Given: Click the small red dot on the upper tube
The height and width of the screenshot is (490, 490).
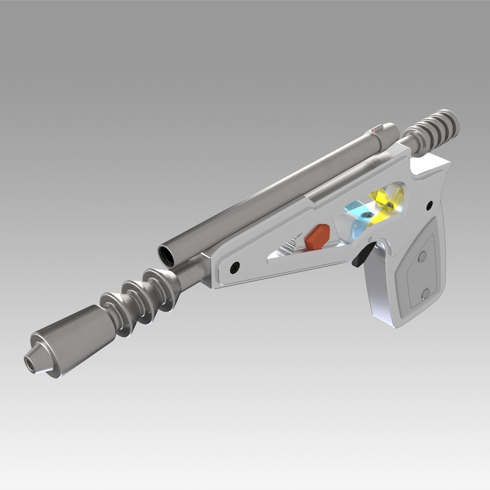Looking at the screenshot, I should (373, 131).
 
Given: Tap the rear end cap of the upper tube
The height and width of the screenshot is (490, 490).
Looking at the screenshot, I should (391, 133).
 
